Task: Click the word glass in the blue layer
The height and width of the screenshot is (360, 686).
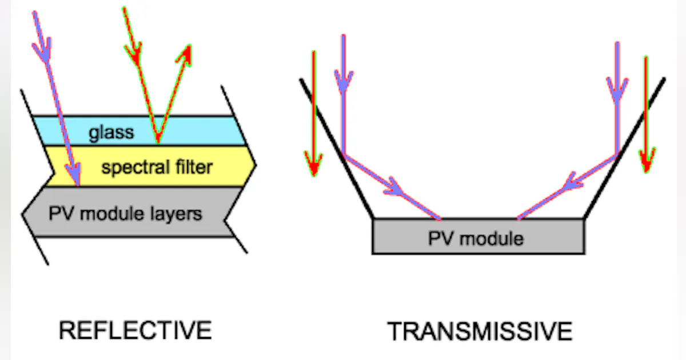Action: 111,133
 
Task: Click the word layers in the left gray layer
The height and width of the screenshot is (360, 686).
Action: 178,214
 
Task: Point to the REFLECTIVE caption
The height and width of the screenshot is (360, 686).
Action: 135,330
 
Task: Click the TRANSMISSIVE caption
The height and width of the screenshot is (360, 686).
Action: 480,331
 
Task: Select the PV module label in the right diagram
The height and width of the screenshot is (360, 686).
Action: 476,238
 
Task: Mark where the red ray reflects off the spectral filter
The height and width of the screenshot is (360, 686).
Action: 158,142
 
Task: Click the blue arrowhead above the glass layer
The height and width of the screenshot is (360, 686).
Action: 41,52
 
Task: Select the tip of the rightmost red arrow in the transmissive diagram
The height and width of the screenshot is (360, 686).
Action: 646,170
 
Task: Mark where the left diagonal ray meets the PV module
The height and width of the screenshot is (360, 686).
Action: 440,219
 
